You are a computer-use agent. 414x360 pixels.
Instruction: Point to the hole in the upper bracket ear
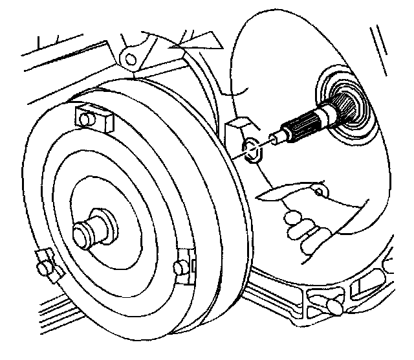(x=131, y=59)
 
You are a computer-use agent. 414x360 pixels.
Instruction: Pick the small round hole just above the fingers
(x=318, y=192)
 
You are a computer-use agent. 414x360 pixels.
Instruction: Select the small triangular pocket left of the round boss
(x=313, y=297)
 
